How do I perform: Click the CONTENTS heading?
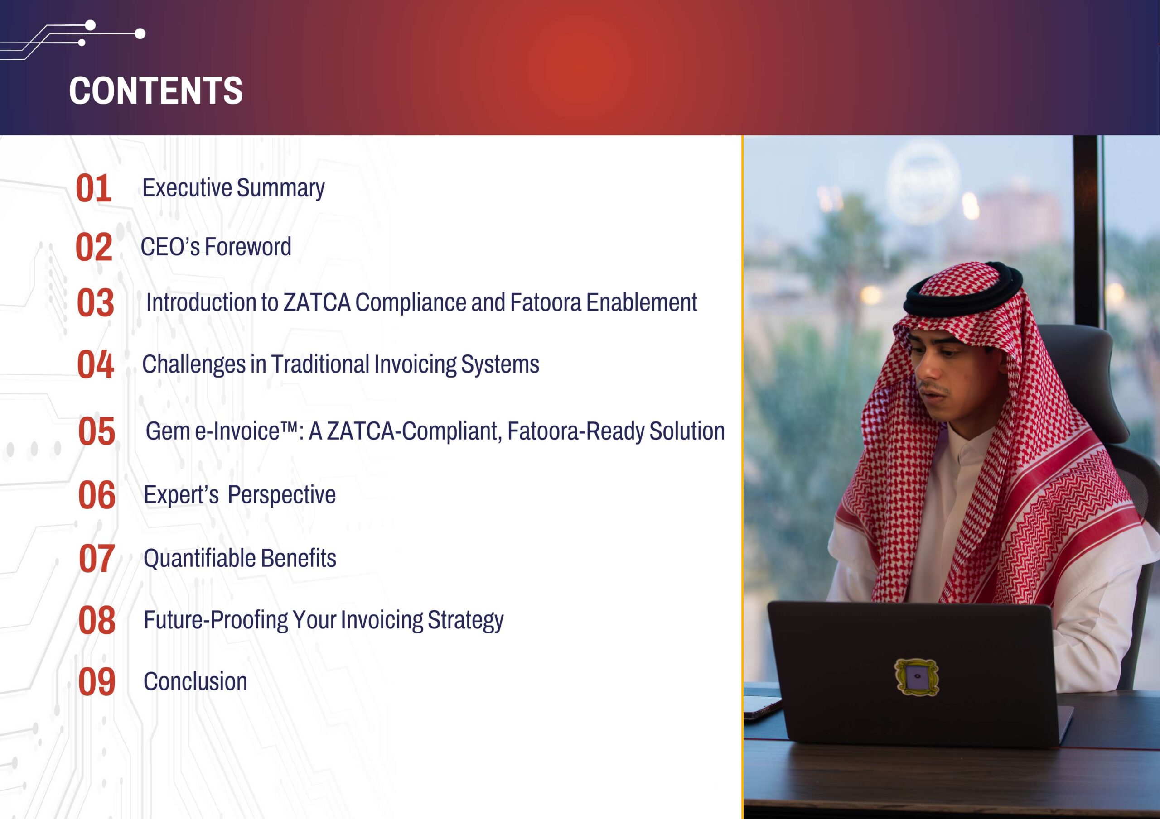155,91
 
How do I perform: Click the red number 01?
93,189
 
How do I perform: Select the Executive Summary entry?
233,188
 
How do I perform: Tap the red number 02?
93,247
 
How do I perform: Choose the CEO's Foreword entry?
216,247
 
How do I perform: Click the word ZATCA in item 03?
317,302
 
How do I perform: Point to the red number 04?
95,364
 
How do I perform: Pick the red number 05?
97,432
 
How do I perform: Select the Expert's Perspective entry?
240,495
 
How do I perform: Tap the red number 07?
97,559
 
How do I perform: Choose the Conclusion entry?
195,682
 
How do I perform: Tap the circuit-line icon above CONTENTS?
73,40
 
